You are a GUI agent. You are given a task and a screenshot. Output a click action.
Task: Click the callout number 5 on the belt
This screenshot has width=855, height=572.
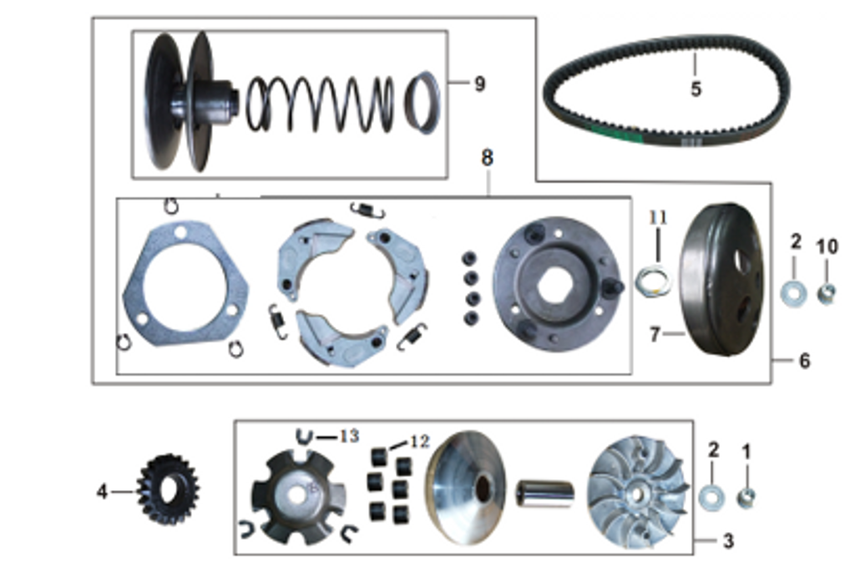pyautogui.click(x=696, y=88)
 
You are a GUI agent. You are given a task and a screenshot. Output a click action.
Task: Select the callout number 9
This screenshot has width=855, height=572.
pyautogui.click(x=478, y=84)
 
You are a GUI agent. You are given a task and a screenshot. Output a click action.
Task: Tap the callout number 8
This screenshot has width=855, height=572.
pyautogui.click(x=487, y=158)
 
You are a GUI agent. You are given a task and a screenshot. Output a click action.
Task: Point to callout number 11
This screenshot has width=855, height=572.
pyautogui.click(x=659, y=218)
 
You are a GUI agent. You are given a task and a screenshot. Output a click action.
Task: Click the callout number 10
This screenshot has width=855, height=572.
pyautogui.click(x=826, y=246)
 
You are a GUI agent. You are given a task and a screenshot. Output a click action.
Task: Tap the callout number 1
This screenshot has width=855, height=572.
pyautogui.click(x=746, y=452)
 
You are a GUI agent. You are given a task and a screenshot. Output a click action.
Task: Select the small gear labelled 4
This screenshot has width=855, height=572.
pyautogui.click(x=168, y=490)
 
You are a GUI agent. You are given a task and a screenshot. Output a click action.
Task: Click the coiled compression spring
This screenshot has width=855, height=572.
pyautogui.click(x=320, y=104)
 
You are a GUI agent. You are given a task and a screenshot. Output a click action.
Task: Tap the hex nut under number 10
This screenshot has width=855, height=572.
pyautogui.click(x=826, y=293)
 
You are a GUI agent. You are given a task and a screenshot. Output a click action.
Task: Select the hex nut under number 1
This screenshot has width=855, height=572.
pyautogui.click(x=746, y=499)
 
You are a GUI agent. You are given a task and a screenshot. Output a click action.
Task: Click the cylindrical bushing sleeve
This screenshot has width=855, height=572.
pyautogui.click(x=544, y=494)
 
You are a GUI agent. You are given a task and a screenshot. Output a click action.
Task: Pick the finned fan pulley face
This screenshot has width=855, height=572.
pyautogui.click(x=638, y=490)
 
